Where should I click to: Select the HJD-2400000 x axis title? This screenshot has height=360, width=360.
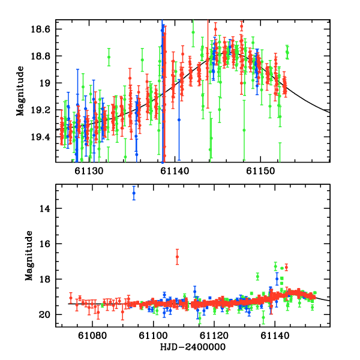pyautogui.click(x=193, y=348)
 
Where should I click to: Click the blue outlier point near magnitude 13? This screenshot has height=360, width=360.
pyautogui.click(x=134, y=193)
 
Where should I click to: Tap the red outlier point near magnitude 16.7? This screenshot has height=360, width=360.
pyautogui.click(x=177, y=257)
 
